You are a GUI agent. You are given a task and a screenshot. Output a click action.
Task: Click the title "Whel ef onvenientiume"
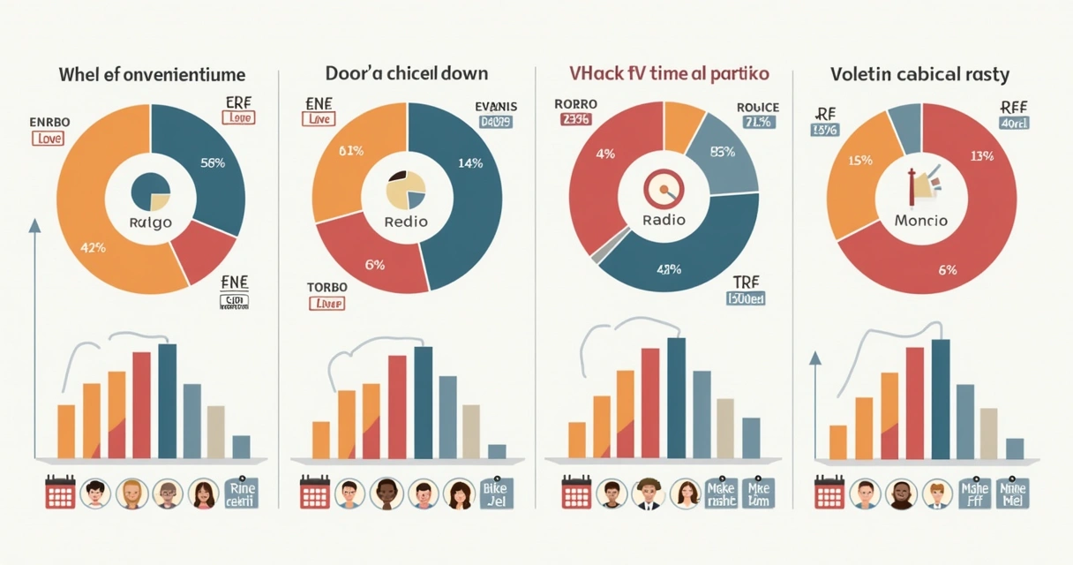click(x=152, y=73)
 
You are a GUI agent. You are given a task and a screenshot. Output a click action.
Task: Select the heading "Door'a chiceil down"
click(x=407, y=73)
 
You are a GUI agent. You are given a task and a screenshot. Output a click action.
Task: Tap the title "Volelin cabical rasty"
click(x=919, y=75)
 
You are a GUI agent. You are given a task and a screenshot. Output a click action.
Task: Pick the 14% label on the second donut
click(x=471, y=162)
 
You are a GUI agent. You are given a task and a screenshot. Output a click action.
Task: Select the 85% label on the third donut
click(x=723, y=151)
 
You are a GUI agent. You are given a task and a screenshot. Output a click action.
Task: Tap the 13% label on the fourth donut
click(x=981, y=156)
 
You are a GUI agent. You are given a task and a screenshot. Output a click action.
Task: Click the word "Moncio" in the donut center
click(x=920, y=220)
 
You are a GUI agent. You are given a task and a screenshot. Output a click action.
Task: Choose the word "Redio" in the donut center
click(x=406, y=221)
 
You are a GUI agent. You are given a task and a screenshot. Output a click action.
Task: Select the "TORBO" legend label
click(x=326, y=287)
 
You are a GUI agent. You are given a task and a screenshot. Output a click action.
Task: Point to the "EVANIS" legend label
click(x=496, y=107)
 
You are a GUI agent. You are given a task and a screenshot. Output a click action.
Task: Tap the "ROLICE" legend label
click(x=757, y=108)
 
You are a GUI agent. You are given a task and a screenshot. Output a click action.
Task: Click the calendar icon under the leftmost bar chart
click(x=60, y=493)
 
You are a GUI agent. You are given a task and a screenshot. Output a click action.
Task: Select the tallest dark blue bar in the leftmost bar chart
click(x=167, y=401)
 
